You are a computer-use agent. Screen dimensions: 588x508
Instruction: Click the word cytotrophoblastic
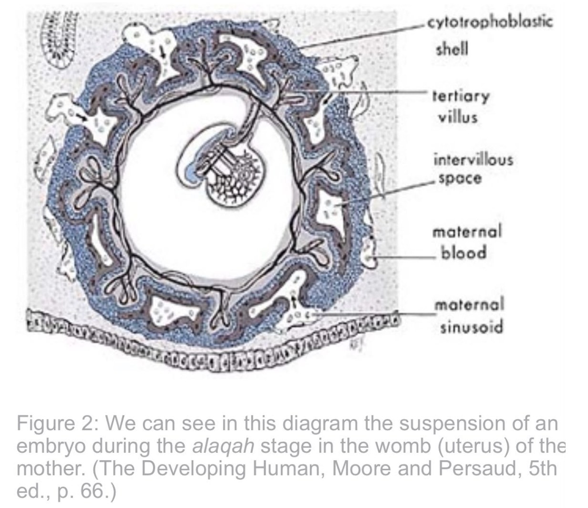pyautogui.click(x=490, y=22)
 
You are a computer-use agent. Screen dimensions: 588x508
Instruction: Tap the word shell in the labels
pyautogui.click(x=452, y=49)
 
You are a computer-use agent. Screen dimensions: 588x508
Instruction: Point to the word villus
pyautogui.click(x=457, y=117)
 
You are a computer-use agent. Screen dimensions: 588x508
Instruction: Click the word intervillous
pyautogui.click(x=474, y=159)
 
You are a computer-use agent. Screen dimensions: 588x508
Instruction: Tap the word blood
pyautogui.click(x=464, y=252)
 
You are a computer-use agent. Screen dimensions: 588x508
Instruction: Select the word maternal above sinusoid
pyautogui.click(x=469, y=304)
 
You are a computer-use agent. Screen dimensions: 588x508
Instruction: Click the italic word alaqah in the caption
pyautogui.click(x=223, y=446)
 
